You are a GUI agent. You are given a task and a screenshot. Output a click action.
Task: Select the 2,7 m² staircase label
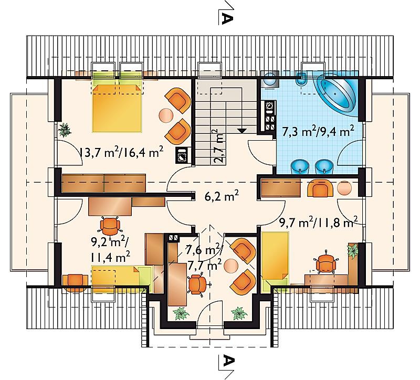click(219, 146)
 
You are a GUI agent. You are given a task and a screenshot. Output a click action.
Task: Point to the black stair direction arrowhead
click(242, 131)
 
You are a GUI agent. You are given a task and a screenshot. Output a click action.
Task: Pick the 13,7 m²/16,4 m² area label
click(121, 153)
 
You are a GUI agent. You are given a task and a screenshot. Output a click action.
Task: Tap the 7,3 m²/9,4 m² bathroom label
click(318, 132)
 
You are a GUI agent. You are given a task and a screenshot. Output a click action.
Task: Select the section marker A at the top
click(226, 18)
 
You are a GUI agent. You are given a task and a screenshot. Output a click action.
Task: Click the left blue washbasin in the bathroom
click(300, 167)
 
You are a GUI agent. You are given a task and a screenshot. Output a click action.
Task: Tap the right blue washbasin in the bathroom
click(323, 167)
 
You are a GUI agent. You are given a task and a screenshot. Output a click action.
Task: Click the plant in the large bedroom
click(65, 130)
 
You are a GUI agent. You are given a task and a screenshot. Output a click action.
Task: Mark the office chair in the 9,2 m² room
click(109, 225)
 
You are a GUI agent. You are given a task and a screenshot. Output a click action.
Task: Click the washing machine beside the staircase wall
click(183, 155)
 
